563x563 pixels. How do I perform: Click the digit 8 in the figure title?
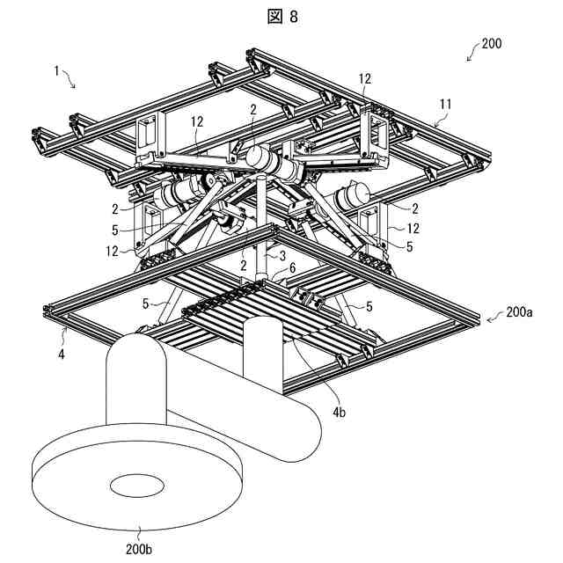coord(293,16)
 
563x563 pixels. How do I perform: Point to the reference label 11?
coord(445,104)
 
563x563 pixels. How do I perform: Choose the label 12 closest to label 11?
coord(364,79)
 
